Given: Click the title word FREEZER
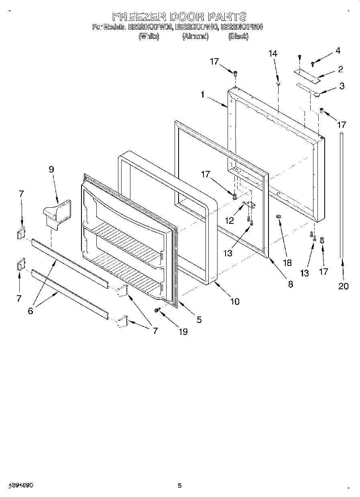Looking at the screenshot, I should point(139,17).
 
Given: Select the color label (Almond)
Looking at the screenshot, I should point(195,37).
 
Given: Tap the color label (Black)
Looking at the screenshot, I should point(238,37).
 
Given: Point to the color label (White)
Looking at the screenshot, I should point(149,37).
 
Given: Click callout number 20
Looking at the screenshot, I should point(343,286).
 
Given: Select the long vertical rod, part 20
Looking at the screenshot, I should point(342,193).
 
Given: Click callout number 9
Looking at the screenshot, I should point(51,169).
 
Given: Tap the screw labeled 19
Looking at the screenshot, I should point(157,310).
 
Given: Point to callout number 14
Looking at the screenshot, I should point(273,53).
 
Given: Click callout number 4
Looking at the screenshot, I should point(338,51).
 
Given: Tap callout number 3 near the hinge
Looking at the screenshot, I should point(342,86).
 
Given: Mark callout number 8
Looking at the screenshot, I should point(290,284).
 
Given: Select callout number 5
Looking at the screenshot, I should point(199,320).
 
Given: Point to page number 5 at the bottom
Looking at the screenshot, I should point(179,486).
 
